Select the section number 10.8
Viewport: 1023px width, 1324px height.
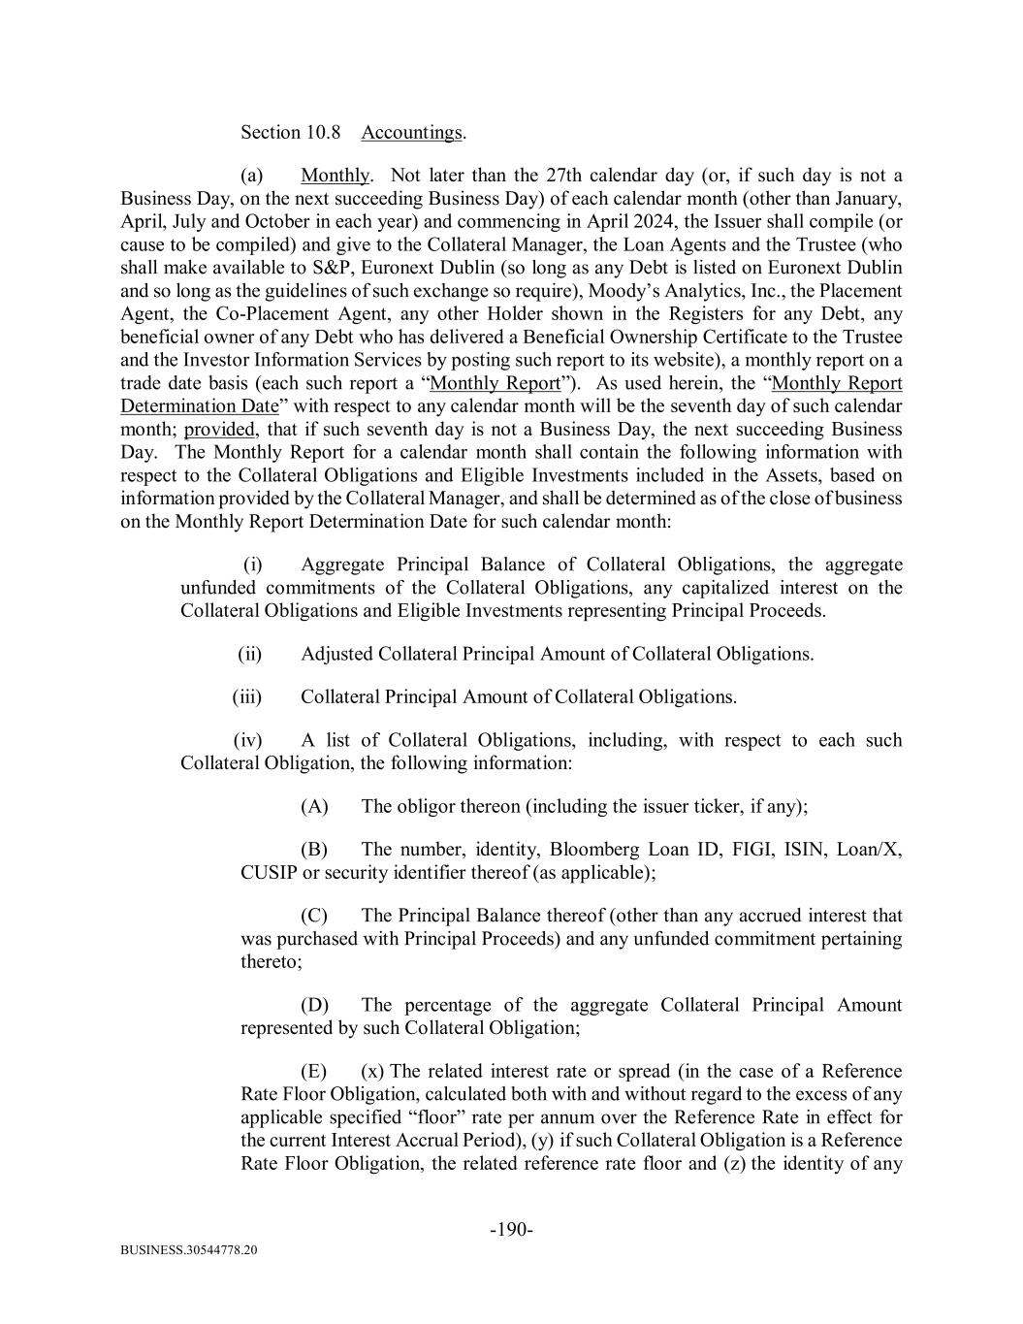(x=323, y=133)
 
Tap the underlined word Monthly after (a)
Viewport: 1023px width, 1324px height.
(x=336, y=176)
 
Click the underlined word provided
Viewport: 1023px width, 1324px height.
(x=218, y=430)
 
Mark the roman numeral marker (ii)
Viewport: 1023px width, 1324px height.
(x=249, y=655)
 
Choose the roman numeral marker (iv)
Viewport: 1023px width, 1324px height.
(x=247, y=741)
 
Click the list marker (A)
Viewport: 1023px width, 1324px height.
(x=314, y=807)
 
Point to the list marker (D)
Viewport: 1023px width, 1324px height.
(x=314, y=1006)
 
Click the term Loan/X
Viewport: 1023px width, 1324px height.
(x=869, y=851)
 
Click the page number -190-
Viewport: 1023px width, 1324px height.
(x=511, y=1231)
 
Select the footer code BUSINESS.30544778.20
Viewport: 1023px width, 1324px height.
(x=189, y=1251)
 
